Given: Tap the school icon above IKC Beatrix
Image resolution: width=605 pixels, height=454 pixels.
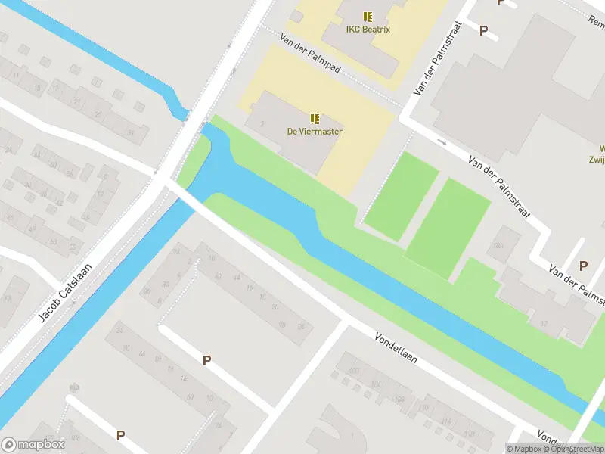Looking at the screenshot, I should (368, 17).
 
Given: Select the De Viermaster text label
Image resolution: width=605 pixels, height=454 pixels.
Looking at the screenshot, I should (315, 132).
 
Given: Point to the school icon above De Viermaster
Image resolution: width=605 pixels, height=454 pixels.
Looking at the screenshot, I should (315, 119).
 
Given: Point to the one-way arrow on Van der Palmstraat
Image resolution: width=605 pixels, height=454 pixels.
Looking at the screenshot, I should (442, 141).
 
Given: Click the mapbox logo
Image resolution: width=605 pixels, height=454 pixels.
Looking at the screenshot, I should (33, 445).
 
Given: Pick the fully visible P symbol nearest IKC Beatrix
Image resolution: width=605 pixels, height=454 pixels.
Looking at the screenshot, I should (483, 31).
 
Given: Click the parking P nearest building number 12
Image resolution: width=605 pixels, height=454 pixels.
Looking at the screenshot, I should (583, 266).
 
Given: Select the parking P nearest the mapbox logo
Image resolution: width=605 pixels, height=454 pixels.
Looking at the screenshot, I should (120, 435).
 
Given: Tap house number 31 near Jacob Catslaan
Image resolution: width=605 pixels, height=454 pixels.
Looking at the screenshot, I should (131, 134).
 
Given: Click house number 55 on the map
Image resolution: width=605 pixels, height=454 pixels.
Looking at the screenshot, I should (73, 247).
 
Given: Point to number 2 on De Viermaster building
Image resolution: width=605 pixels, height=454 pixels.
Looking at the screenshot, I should (262, 123).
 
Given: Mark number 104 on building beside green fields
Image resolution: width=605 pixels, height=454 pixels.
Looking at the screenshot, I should (498, 246).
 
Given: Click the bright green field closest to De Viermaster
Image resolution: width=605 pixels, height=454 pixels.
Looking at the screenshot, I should (401, 195).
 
